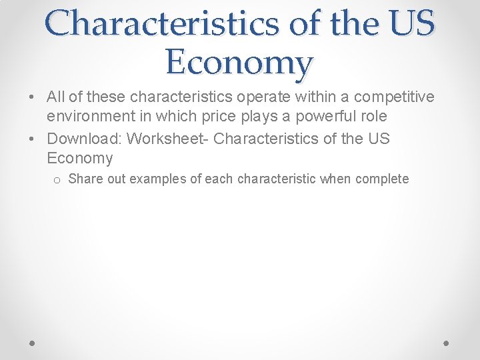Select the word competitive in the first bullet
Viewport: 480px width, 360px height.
coord(394,97)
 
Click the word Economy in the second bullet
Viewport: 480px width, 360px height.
coord(80,158)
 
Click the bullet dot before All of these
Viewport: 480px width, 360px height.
coord(33,98)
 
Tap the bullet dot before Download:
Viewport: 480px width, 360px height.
coord(33,139)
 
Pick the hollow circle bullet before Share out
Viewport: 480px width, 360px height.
coord(58,179)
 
